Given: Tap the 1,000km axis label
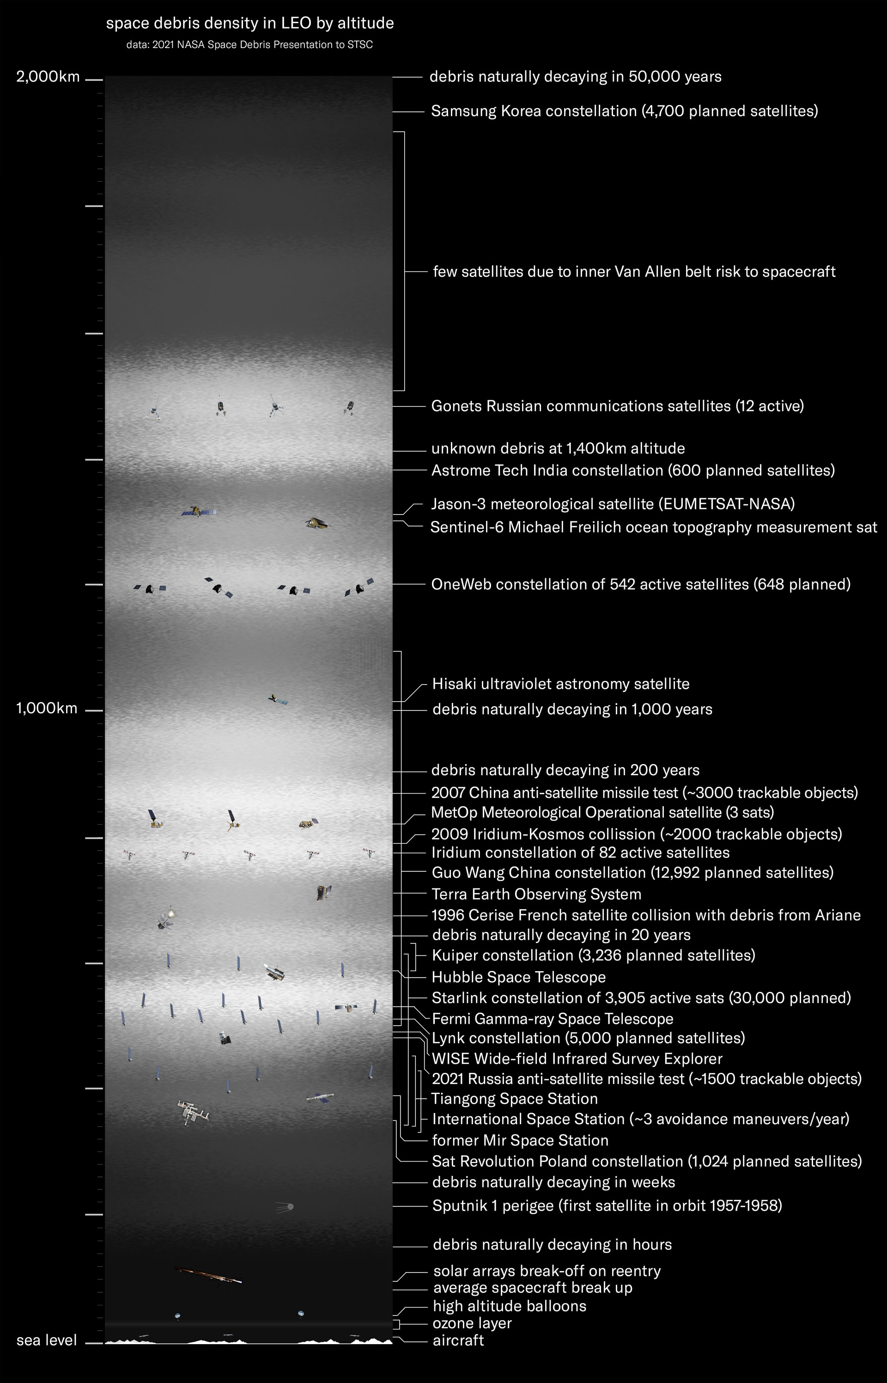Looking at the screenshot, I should (47, 708).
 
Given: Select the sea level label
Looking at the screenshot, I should (47, 1340).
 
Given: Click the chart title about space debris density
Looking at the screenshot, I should (250, 24).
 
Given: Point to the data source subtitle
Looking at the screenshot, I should (250, 45).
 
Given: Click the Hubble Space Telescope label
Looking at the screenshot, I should (518, 977).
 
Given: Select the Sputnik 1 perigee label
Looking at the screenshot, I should (607, 1206).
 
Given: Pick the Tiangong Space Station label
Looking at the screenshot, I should (514, 1098).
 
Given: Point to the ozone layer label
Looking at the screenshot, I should (472, 1323).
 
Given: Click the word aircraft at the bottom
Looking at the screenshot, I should (458, 1340).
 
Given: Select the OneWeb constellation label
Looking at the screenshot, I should (640, 584).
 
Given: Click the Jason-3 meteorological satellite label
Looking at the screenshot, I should (613, 504).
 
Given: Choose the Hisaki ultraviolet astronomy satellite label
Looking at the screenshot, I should (561, 684).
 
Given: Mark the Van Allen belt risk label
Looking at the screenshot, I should (633, 271).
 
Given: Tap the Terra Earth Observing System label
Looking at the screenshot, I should (536, 894).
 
